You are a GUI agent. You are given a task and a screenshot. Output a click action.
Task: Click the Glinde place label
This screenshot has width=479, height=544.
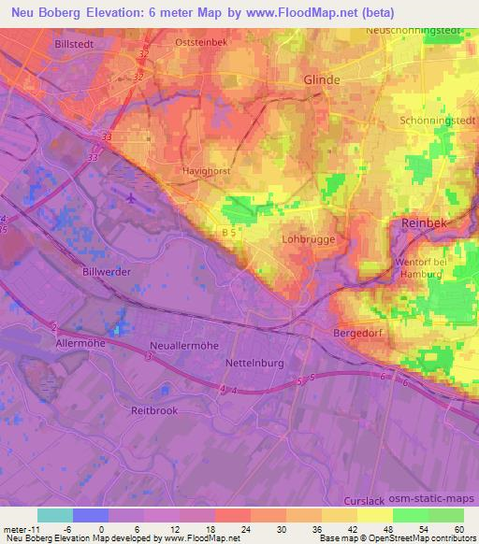click(322, 80)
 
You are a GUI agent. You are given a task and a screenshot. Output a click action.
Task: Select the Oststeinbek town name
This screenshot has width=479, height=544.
click(201, 43)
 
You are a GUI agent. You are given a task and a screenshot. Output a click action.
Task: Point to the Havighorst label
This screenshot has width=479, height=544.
click(207, 171)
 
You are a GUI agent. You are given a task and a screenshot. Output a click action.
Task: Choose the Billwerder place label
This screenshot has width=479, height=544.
click(106, 270)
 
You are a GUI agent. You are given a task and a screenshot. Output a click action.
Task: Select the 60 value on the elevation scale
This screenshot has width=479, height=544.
click(458, 528)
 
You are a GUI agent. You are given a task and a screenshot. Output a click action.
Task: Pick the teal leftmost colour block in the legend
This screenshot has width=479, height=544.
click(55, 515)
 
